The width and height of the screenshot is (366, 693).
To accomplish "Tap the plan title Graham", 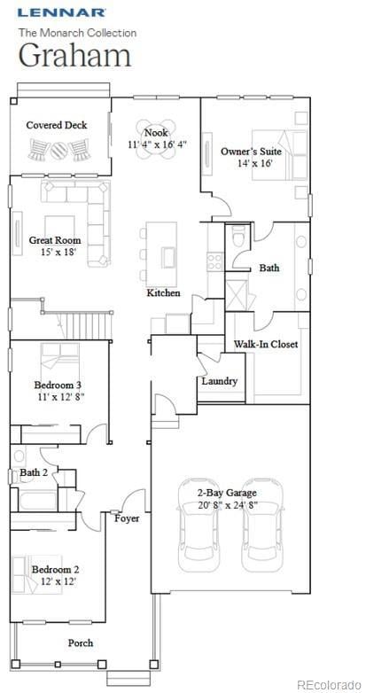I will (75, 55).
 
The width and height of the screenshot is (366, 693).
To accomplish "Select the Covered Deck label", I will (57, 126).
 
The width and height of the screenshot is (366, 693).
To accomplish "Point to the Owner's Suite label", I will (251, 152).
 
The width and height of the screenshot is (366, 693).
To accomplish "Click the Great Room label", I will (55, 240).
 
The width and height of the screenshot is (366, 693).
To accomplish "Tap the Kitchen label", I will (164, 292).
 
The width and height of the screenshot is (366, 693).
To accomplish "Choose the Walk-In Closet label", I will (266, 344).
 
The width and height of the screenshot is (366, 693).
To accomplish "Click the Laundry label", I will (219, 381).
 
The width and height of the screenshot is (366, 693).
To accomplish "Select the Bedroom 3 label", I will (58, 385).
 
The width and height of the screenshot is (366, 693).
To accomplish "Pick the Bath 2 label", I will (34, 473).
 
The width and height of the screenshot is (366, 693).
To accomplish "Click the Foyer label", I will (127, 518).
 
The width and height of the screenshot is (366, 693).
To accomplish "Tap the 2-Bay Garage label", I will (229, 493).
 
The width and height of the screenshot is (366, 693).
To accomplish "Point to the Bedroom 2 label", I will (55, 569).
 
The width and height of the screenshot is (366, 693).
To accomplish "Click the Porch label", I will (81, 642).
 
